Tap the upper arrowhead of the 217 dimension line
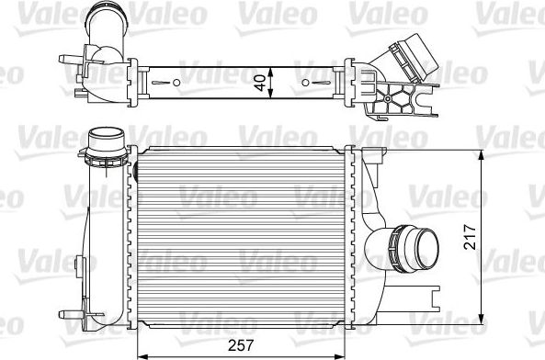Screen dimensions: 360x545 (x=484, y=152)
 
